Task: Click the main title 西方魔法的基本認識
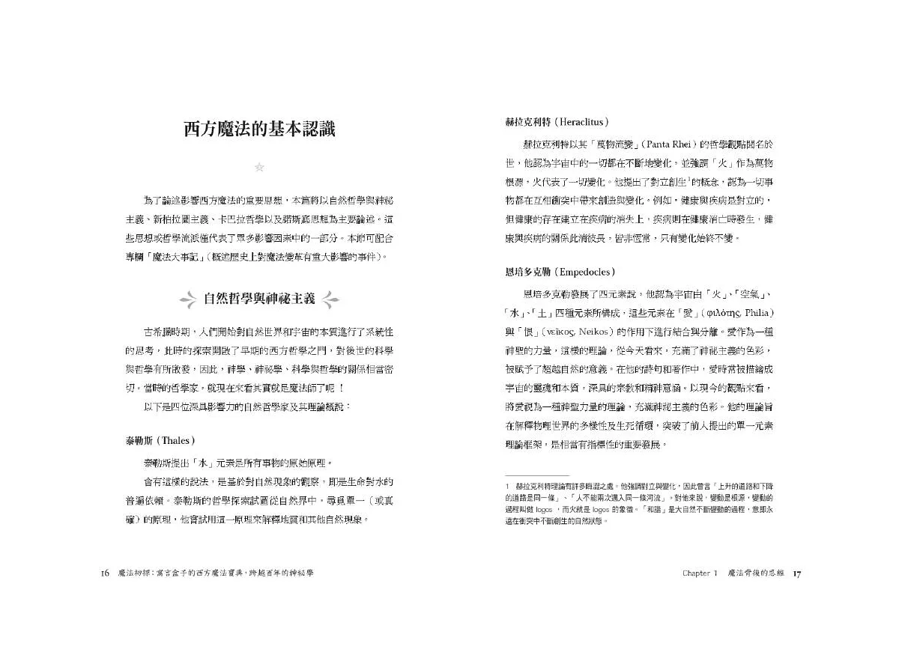point(259,128)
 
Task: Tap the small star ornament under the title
point(259,167)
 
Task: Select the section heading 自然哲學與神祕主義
point(259,300)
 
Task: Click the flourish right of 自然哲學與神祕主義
point(328,301)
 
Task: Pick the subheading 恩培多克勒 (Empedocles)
point(555,272)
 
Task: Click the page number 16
point(105,573)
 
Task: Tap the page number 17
point(798,573)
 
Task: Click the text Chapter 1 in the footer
point(700,573)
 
